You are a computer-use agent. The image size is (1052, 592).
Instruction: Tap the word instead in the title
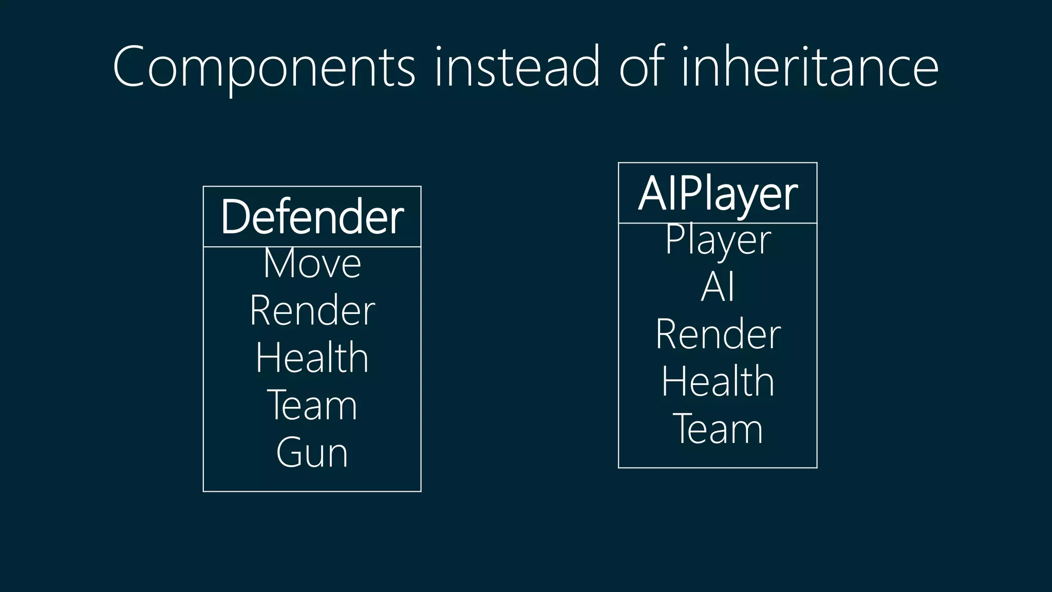coord(517,67)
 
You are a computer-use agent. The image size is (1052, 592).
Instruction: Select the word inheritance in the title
coord(810,67)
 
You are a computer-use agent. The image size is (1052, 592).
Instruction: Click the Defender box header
coord(312,217)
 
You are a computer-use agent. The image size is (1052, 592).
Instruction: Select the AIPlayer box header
coord(718,194)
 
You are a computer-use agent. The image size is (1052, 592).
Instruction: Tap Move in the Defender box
coord(312,264)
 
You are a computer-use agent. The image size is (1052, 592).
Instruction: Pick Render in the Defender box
coord(312,311)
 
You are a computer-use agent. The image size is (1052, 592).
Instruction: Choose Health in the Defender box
coord(312,358)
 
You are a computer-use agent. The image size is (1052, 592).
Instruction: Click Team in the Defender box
coord(312,405)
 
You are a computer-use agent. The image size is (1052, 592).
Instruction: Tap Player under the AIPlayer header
coord(718,240)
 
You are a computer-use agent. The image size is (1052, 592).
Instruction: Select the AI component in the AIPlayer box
coord(718,287)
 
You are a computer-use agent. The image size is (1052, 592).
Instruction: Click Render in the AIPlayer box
coord(718,335)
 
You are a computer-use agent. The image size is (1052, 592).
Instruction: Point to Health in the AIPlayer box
coord(718,382)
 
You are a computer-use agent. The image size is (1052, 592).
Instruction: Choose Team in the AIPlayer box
coord(718,429)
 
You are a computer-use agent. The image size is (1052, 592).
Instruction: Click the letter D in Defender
coord(235,217)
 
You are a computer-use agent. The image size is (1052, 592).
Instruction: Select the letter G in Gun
coord(289,453)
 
